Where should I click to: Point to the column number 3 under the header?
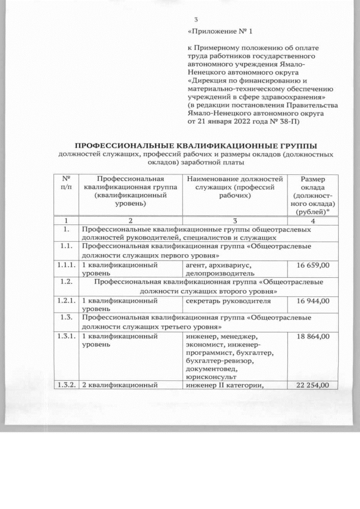[x=235, y=220]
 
